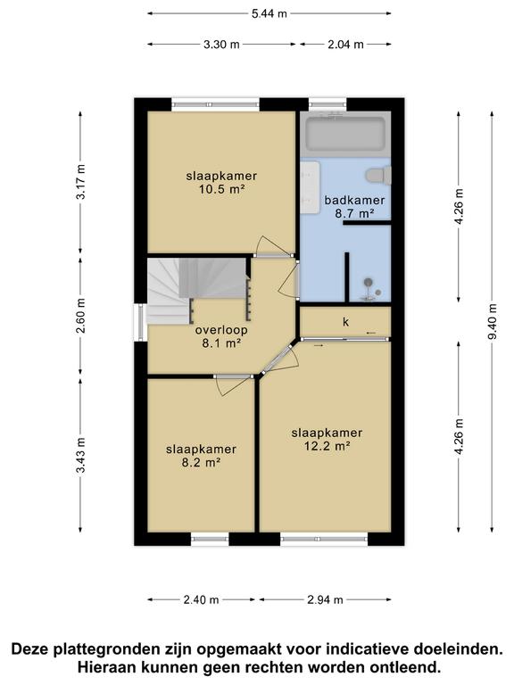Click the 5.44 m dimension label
(269, 13)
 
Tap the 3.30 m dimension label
(221, 44)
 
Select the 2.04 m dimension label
(345, 44)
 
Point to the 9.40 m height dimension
(493, 321)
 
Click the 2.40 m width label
(201, 599)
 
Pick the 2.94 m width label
(325, 599)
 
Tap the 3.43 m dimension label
(80, 455)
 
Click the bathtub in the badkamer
(344, 133)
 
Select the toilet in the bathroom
(378, 175)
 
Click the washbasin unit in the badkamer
(311, 187)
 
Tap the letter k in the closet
(345, 322)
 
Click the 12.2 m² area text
(327, 446)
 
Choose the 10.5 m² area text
(221, 190)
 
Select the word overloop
(221, 330)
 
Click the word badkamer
(354, 200)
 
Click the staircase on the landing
(197, 291)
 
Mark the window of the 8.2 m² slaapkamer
(210, 539)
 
